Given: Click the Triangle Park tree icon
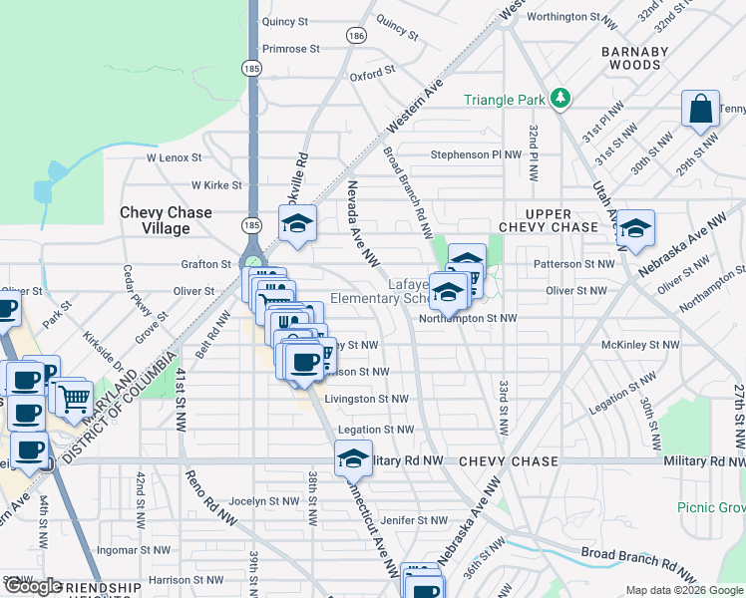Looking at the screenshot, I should click(561, 98).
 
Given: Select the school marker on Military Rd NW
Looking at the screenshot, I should click(353, 457).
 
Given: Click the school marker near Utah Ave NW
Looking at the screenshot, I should click(635, 228).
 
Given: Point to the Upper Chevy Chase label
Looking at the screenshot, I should click(548, 221).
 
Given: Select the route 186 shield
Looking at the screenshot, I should click(355, 35).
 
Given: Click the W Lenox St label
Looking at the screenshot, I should click(175, 157).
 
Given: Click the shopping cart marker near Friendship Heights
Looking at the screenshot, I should click(73, 399).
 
